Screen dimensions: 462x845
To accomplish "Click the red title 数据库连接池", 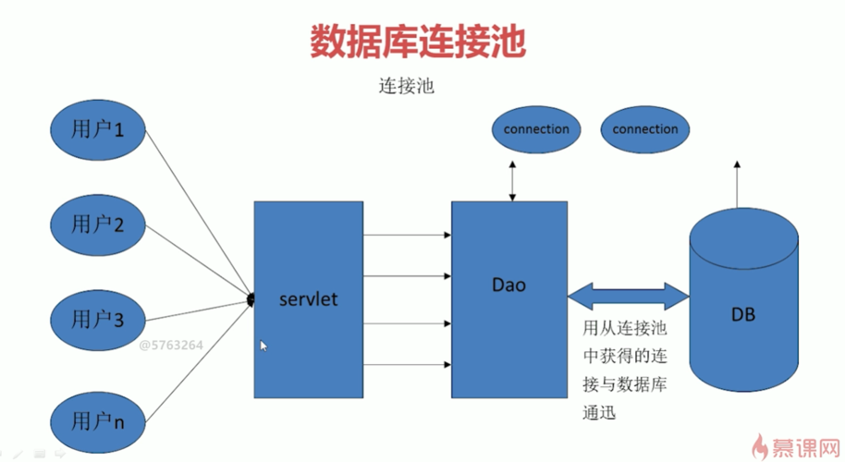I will [x=418, y=43].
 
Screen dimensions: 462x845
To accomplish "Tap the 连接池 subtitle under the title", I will [x=406, y=89].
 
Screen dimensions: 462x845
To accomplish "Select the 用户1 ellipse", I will [x=98, y=128].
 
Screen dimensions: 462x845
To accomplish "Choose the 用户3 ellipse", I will [x=98, y=319].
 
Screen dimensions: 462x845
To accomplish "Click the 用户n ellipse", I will [x=98, y=420].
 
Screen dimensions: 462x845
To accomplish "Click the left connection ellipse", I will [x=536, y=129].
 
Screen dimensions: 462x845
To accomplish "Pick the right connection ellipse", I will [x=644, y=129].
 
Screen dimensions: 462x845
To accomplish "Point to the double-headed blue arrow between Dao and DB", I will [x=629, y=296].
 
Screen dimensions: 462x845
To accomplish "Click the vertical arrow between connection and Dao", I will [x=510, y=178].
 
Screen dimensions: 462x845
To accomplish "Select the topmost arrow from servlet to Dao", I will [x=407, y=236].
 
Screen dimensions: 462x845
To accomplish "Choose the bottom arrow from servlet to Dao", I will [x=407, y=366].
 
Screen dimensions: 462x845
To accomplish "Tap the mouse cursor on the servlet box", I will [x=263, y=346].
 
